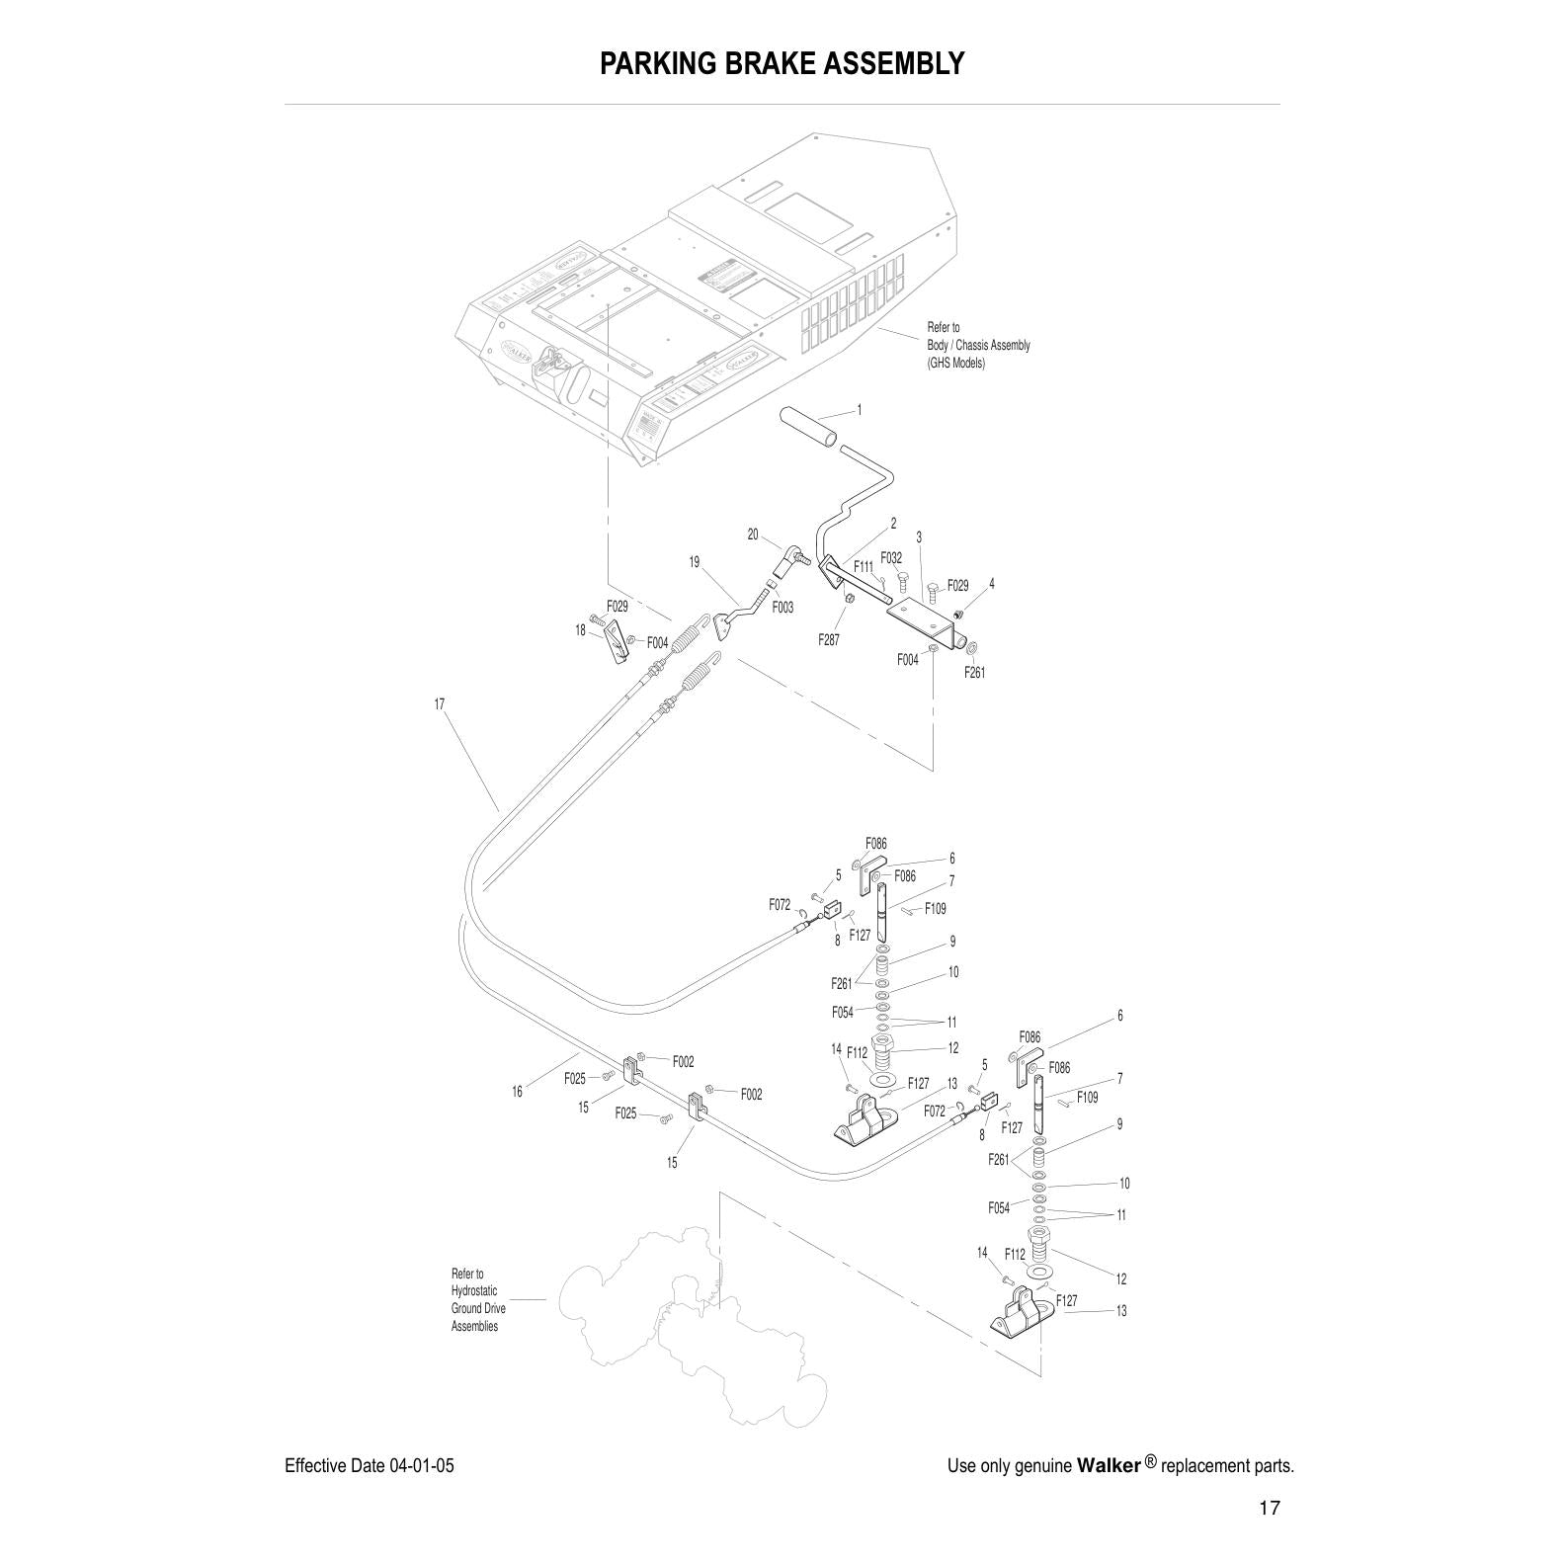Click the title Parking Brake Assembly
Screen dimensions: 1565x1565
coord(782,64)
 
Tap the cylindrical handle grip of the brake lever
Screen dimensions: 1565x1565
coord(809,427)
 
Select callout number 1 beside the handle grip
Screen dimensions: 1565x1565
coord(859,409)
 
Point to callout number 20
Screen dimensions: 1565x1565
coord(753,535)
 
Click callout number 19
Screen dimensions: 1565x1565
coord(695,562)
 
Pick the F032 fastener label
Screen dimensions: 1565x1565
coord(891,558)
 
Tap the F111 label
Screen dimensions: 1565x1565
coord(864,567)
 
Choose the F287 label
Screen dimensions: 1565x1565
coord(829,640)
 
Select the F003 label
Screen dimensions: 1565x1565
coord(782,608)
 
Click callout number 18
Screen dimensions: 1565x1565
coord(581,630)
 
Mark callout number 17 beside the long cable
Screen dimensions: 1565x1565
coord(440,704)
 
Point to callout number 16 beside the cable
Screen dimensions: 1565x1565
coord(517,1092)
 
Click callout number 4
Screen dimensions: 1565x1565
coord(992,584)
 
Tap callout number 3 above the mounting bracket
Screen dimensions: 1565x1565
coord(919,537)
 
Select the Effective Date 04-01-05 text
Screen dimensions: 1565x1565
coord(370,1465)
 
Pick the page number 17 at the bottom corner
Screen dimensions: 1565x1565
coord(1270,1509)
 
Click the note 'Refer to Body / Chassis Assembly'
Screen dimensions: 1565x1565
coord(977,345)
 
